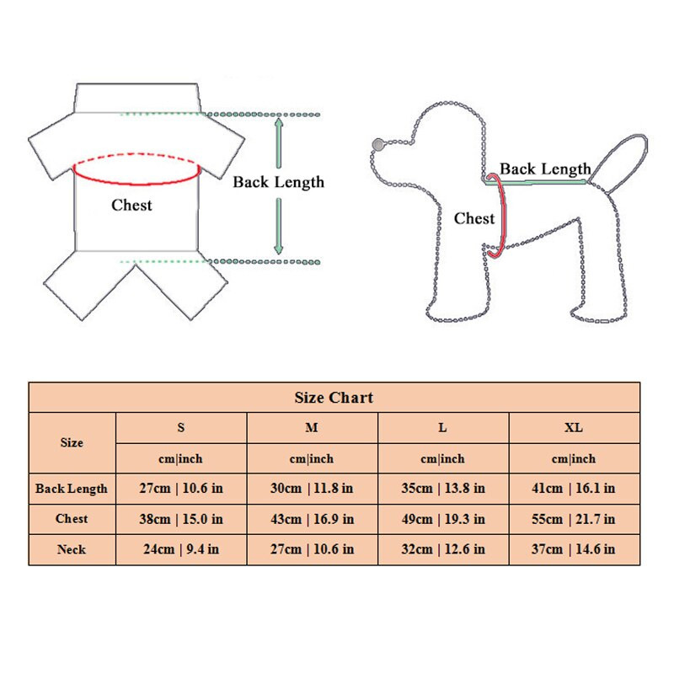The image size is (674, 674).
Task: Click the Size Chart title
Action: click(x=334, y=398)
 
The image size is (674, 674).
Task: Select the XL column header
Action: click(x=574, y=428)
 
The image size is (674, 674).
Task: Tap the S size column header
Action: click(x=181, y=428)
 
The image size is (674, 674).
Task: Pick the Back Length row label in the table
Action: click(x=72, y=489)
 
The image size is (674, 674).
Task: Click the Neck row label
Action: click(x=72, y=550)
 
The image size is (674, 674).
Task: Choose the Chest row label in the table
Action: click(x=72, y=519)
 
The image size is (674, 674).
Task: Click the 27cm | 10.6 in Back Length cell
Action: click(x=181, y=489)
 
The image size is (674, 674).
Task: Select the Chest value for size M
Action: click(x=312, y=519)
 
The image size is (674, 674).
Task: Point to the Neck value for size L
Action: click(x=443, y=549)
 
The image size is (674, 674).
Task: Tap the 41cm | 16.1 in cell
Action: click(x=574, y=489)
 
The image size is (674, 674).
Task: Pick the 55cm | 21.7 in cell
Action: click(x=574, y=519)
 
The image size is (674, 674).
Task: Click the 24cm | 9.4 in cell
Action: click(x=181, y=549)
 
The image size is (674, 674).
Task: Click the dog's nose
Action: click(x=378, y=144)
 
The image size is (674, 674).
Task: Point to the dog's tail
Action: click(x=619, y=159)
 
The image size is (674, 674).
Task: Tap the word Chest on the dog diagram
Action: click(x=474, y=218)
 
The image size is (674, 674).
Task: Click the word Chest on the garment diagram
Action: click(x=131, y=205)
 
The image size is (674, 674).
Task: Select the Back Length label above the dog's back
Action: click(x=545, y=169)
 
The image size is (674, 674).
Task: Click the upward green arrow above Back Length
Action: click(x=279, y=142)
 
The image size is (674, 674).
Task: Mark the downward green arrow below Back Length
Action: click(x=279, y=226)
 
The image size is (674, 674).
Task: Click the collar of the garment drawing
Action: click(x=137, y=98)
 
